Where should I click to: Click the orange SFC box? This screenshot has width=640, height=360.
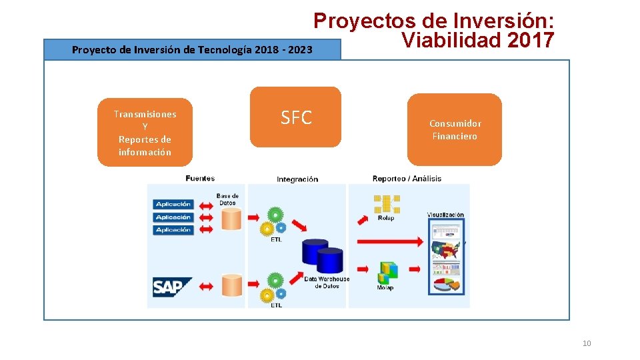[x=295, y=117]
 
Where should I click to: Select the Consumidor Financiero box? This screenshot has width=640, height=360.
[x=455, y=129]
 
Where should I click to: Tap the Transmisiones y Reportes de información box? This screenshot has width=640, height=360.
[x=145, y=133]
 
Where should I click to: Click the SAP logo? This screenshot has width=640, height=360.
[x=172, y=287]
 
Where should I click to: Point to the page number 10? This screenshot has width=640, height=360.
[x=587, y=343]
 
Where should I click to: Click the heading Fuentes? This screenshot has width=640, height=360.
[x=200, y=178]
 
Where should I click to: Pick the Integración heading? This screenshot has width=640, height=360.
[x=297, y=179]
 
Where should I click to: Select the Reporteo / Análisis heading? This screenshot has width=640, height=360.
[x=407, y=178]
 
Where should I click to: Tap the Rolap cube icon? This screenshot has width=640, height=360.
[x=386, y=203]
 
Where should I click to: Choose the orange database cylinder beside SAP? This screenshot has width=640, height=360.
[x=232, y=285]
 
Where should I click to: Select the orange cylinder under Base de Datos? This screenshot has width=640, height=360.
[x=232, y=218]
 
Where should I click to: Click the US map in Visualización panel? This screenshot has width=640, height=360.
[x=446, y=251]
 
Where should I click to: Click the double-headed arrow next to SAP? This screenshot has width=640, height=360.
[x=207, y=287]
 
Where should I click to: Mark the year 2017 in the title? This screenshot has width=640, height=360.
[x=530, y=41]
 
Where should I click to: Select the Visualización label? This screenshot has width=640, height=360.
[x=445, y=215]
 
